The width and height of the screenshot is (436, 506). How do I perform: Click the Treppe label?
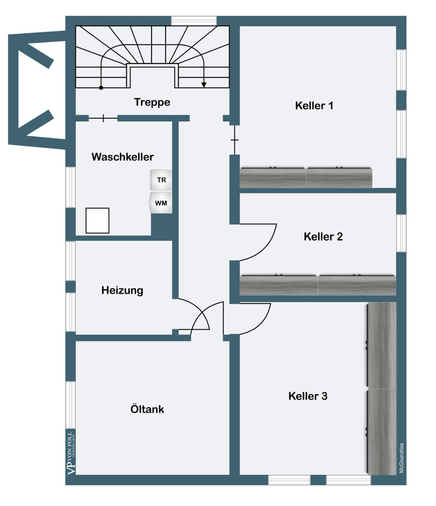point(152,102)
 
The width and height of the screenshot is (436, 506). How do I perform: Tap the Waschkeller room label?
point(123,157)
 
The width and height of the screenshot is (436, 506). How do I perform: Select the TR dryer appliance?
point(161,180)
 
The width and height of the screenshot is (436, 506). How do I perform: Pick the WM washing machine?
point(161,203)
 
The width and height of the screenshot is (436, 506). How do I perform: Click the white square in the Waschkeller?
point(97,220)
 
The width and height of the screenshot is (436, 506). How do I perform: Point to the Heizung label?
point(122,290)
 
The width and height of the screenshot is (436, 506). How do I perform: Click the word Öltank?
point(147,409)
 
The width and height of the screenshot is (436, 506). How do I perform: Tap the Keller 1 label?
point(314,106)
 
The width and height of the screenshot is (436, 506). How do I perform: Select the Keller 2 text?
point(323,237)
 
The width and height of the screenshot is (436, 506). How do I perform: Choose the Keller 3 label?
point(308,396)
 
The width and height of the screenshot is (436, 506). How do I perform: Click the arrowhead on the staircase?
point(204,85)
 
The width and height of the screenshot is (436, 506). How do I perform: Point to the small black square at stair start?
point(101,88)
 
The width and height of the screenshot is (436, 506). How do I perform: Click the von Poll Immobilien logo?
point(71,453)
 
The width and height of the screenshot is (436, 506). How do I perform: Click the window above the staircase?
point(194,21)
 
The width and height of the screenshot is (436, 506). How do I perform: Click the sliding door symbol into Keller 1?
point(235,140)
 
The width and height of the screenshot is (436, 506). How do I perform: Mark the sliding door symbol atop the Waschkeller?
point(103,118)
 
